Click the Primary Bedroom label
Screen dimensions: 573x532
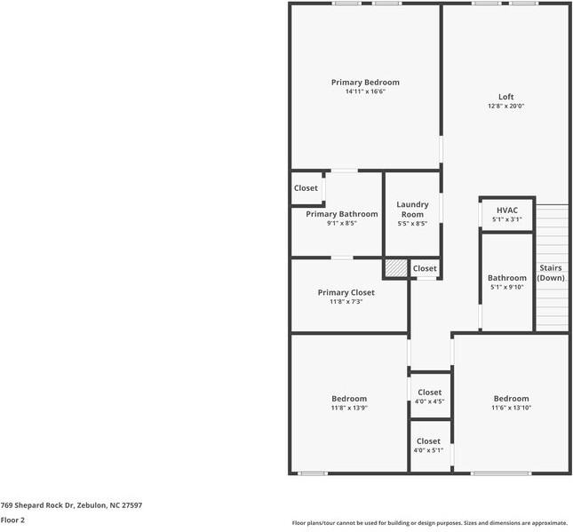[365, 83]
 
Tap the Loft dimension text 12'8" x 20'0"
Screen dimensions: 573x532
[506, 106]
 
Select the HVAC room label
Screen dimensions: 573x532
[507, 210]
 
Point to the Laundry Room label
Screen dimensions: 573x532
[412, 210]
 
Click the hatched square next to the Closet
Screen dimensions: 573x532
[396, 268]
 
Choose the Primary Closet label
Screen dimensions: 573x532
[346, 293]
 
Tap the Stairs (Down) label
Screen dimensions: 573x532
[551, 273]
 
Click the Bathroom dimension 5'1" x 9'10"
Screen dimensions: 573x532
[507, 287]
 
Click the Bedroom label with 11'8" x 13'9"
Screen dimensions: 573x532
[349, 399]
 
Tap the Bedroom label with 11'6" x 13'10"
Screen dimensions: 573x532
[511, 399]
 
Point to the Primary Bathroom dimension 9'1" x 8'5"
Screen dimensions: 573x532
[342, 223]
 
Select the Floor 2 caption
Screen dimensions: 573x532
[12, 520]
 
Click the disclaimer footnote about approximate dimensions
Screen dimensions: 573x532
[429, 523]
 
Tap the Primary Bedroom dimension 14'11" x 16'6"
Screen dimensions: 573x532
[365, 91]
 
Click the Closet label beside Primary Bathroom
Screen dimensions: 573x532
[306, 188]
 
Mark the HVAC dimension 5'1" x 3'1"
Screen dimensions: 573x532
[507, 219]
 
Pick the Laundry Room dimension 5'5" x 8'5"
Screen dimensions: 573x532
[412, 224]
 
